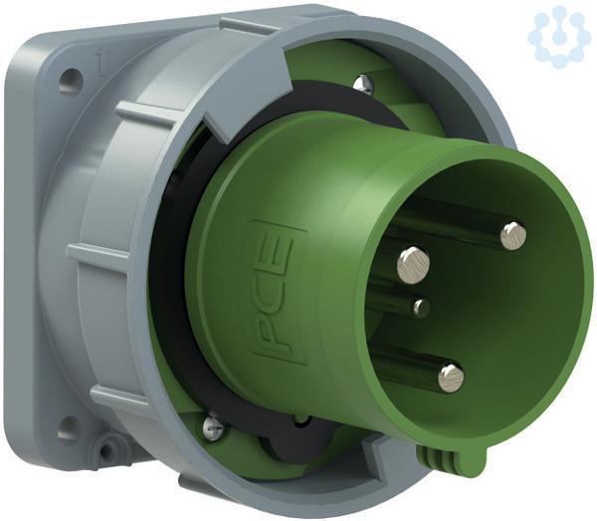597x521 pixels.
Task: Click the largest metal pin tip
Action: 414,263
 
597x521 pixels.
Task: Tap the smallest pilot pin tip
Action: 422,307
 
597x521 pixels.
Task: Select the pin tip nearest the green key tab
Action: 451,379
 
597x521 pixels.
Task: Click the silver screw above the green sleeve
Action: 363,85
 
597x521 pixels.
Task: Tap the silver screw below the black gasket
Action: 214,428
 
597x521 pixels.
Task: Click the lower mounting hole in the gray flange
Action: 69,430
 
